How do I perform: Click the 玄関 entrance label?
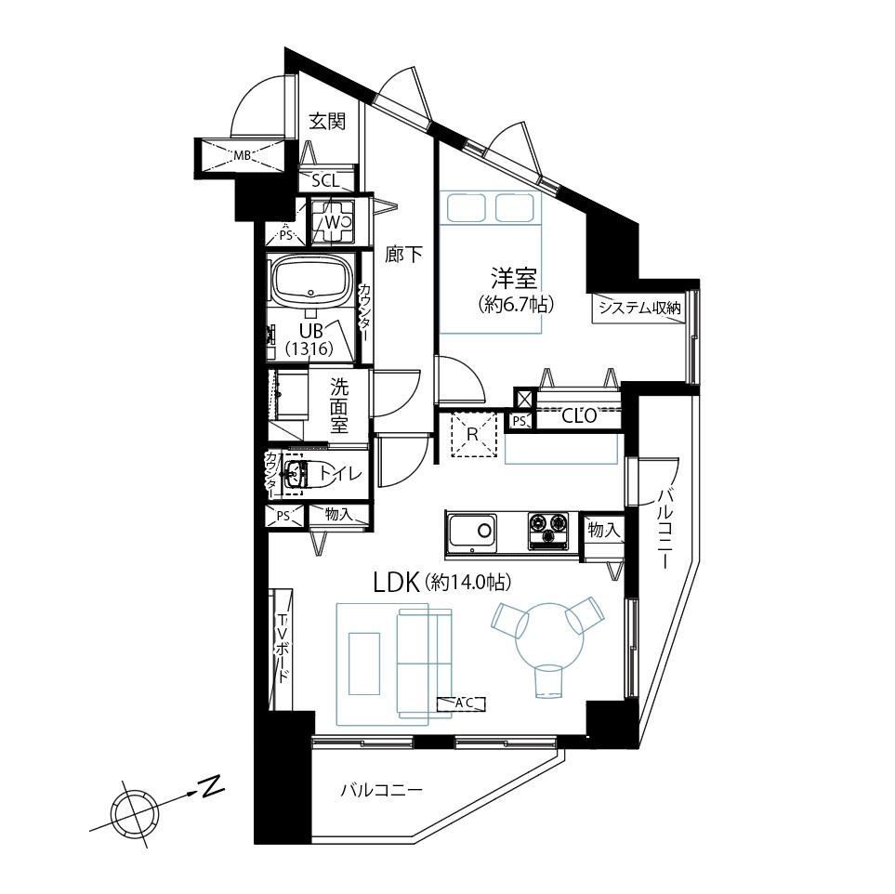(327, 122)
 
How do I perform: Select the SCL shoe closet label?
(325, 181)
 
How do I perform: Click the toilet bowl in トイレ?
(313, 473)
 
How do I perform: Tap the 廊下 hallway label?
(403, 255)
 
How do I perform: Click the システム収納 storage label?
(639, 309)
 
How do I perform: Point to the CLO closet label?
(579, 415)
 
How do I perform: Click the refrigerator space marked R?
(472, 434)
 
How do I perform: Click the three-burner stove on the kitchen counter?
(548, 531)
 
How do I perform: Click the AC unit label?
(461, 703)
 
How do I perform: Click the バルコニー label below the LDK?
(381, 791)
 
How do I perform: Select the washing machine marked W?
(332, 221)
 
